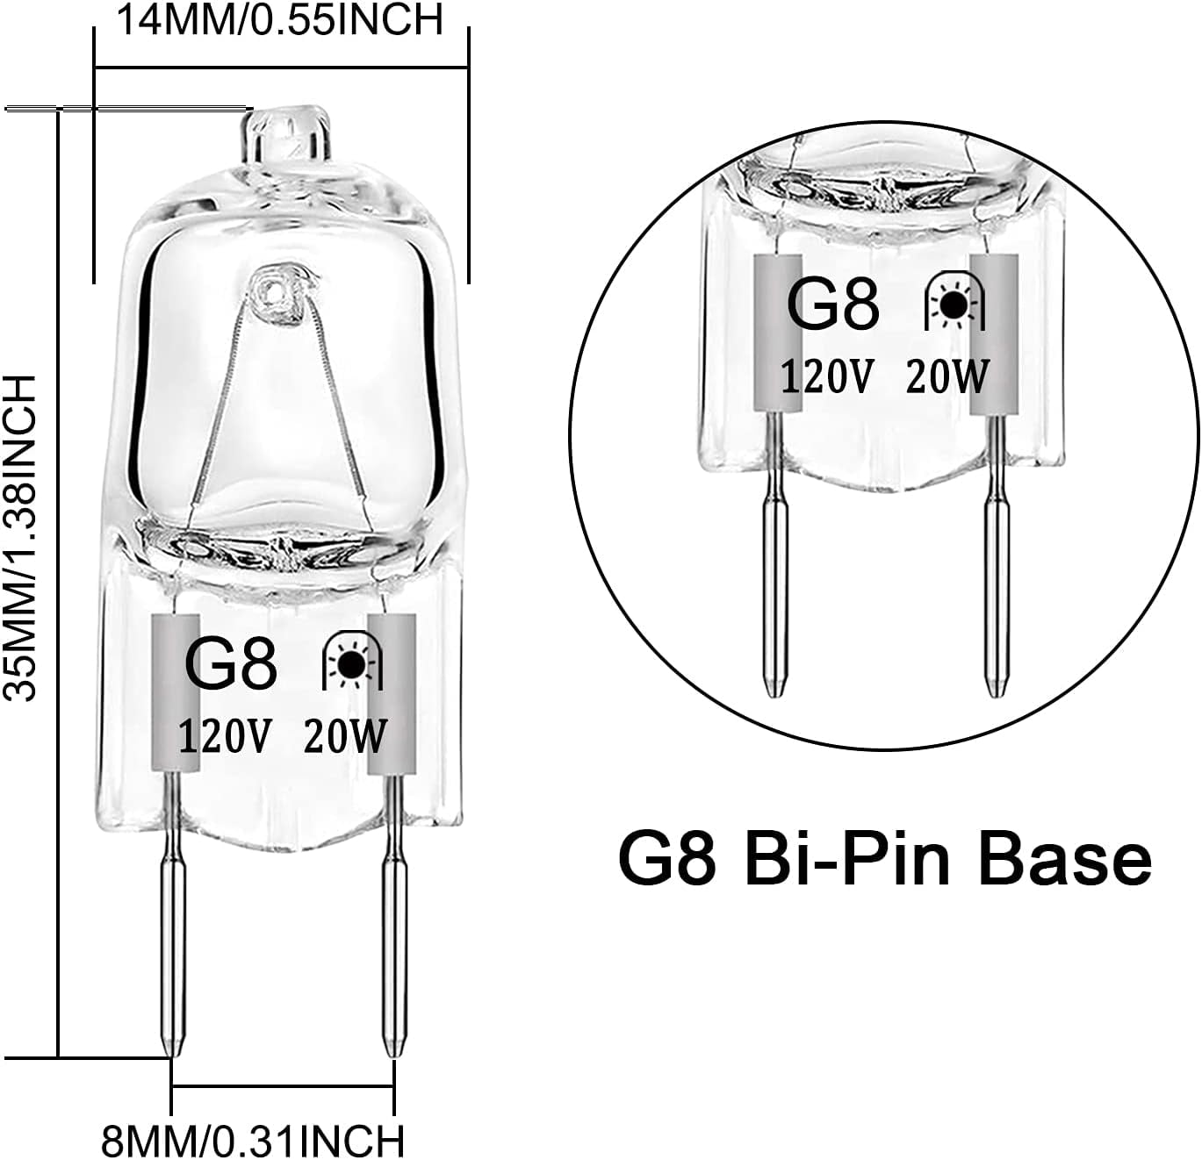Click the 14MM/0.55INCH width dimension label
(279, 19)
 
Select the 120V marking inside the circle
(827, 377)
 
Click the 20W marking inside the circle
(947, 377)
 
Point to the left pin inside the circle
(772, 570)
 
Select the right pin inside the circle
(994, 570)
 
